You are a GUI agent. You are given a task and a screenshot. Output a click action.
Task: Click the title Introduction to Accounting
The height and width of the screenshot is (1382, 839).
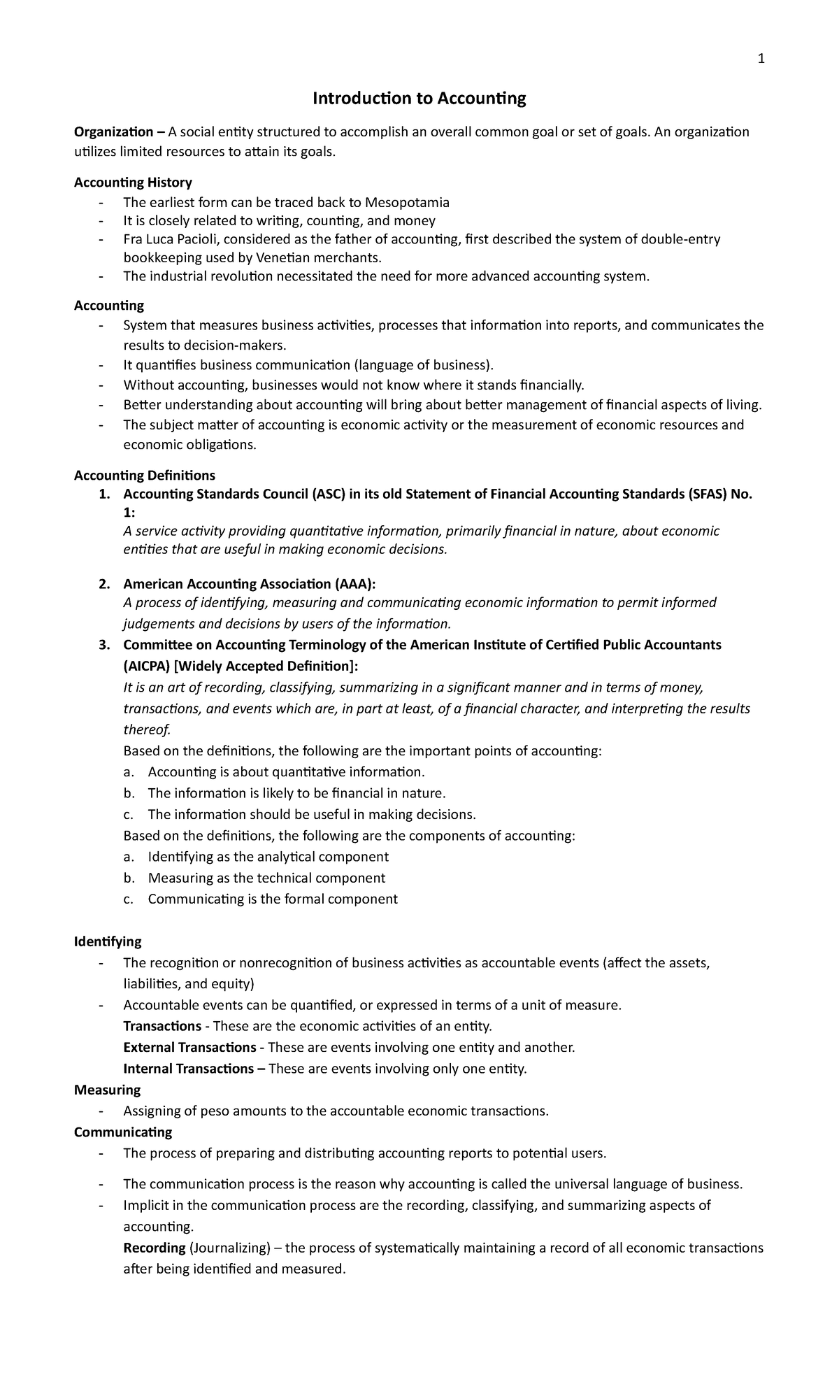419,99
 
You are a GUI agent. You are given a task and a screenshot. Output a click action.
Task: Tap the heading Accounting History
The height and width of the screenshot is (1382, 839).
133,183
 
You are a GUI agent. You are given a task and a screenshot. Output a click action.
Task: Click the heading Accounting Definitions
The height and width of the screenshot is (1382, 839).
145,476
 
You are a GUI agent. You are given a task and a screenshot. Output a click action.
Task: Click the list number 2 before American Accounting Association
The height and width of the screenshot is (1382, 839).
103,584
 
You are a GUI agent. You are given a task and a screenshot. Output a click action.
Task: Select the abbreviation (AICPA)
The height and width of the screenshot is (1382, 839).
146,666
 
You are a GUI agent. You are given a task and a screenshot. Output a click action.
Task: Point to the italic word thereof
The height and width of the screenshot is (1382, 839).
147,730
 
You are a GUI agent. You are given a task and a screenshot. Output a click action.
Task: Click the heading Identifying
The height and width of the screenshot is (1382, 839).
108,941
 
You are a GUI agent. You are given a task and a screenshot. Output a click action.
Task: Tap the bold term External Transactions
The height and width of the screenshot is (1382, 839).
189,1047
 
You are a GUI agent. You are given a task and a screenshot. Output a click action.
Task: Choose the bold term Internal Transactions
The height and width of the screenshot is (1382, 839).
188,1069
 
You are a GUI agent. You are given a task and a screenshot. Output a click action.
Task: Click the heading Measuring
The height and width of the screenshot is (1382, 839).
107,1090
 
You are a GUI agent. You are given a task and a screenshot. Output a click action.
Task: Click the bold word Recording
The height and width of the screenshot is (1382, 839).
154,1248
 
